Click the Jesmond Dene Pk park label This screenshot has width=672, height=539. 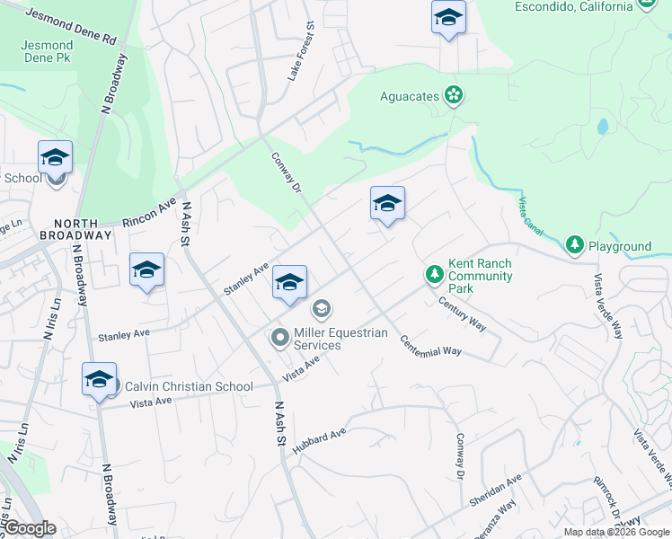click(x=47, y=51)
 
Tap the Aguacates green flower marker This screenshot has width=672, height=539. click(x=454, y=94)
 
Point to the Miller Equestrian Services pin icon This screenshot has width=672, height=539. click(x=279, y=338)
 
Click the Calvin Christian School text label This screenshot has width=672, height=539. click(x=189, y=386)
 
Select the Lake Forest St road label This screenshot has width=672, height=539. click(x=298, y=53)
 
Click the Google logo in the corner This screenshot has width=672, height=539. click(x=31, y=528)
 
